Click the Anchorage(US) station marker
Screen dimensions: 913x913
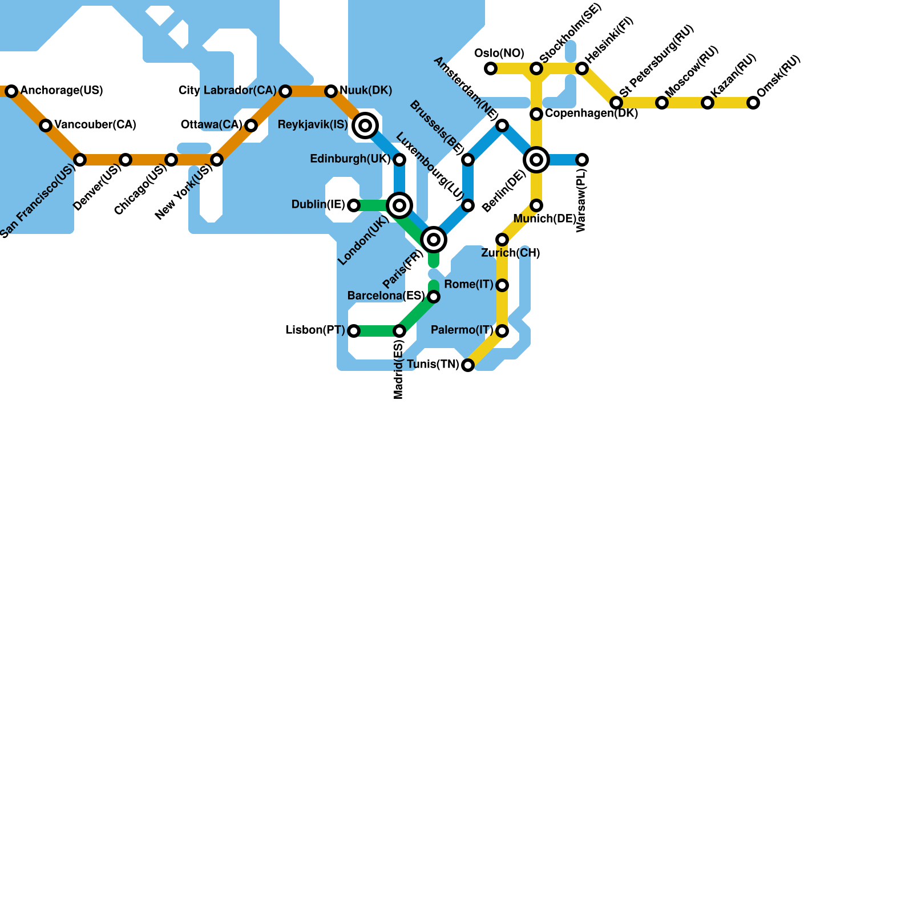[x=11, y=91]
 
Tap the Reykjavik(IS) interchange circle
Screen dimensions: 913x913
[x=365, y=126]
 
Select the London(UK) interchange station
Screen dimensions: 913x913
[x=399, y=205]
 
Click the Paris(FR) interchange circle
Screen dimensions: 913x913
[x=434, y=240]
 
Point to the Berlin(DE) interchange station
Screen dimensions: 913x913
[x=536, y=160]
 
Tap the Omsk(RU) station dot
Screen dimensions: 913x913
[x=753, y=103]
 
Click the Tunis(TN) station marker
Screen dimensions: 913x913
[x=468, y=365]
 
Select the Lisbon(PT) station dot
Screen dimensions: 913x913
[x=354, y=331]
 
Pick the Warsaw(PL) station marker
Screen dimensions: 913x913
[x=582, y=160]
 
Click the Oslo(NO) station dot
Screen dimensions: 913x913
[x=491, y=68]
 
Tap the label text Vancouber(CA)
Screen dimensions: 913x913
[x=95, y=125]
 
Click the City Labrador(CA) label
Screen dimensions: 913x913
[x=227, y=91]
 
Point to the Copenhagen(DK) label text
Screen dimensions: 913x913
[x=591, y=114]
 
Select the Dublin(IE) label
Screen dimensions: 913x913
[x=318, y=205]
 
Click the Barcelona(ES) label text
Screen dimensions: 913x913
[x=386, y=296]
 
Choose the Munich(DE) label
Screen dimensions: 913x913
[x=544, y=219]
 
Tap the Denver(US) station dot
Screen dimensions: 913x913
[x=126, y=160]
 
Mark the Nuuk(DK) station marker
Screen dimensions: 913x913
[x=331, y=91]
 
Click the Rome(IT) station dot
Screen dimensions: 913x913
[x=502, y=285]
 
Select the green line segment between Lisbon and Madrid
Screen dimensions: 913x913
[x=377, y=331]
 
